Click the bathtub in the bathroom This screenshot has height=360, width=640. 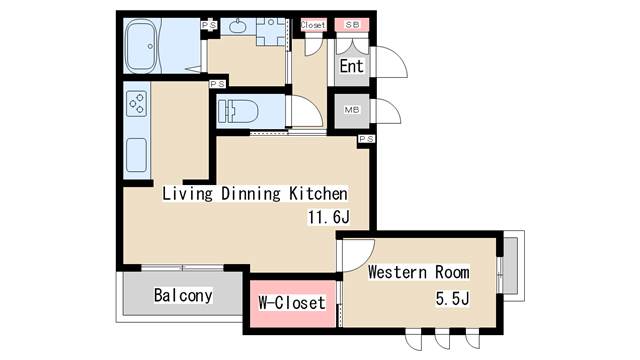click(141, 46)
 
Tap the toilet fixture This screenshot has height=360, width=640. click(238, 111)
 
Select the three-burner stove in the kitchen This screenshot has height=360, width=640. click(136, 104)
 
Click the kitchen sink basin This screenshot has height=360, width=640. click(136, 155)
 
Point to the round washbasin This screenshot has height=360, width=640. click(237, 26)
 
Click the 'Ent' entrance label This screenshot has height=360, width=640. click(351, 66)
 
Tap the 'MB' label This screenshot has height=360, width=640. click(351, 110)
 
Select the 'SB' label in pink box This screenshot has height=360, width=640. click(352, 24)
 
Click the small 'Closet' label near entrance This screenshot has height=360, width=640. click(313, 25)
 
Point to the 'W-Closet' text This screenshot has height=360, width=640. click(292, 303)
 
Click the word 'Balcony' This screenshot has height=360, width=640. click(183, 296)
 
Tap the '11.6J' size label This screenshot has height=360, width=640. click(329, 217)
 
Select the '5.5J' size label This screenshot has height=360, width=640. click(452, 298)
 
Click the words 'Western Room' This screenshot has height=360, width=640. click(419, 272)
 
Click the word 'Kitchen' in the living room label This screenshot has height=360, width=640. click(318, 193)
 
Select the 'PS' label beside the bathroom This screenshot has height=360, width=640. click(209, 25)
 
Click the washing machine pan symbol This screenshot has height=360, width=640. click(270, 31)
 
